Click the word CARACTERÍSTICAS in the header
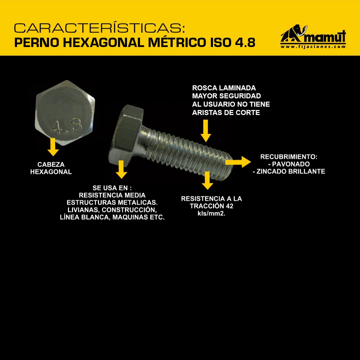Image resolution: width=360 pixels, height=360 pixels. (x=99, y=28)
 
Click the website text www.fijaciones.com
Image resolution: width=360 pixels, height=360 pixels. (x=313, y=47)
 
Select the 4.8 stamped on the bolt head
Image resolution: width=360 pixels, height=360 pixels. (x=66, y=127)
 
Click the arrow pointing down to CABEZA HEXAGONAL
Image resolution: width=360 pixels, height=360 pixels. (x=53, y=147)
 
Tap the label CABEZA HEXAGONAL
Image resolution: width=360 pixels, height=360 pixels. (x=51, y=168)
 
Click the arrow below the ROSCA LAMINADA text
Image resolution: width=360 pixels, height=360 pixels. (x=206, y=131)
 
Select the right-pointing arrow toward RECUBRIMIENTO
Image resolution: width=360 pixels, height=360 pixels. (x=238, y=162)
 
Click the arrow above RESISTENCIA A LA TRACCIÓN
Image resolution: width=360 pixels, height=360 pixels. (x=207, y=180)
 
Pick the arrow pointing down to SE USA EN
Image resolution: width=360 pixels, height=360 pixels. (x=121, y=169)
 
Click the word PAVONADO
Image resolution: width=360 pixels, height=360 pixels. (x=291, y=164)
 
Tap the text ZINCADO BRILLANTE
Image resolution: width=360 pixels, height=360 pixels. (x=291, y=172)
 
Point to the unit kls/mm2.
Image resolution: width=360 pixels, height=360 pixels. (x=211, y=214)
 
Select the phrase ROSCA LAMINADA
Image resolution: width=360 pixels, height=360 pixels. (x=224, y=88)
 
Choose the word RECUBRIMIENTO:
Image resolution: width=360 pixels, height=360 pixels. (x=289, y=157)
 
